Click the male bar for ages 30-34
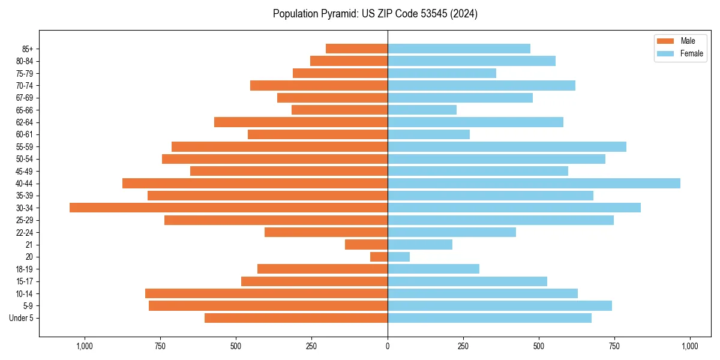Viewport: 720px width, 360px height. [x=228, y=208]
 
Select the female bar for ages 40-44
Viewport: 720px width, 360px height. [x=534, y=183]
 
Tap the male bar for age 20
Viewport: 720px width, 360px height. [x=379, y=257]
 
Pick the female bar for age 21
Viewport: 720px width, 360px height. [x=420, y=244]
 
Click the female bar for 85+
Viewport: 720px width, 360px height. [x=459, y=49]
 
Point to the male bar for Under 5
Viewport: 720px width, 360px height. [x=296, y=318]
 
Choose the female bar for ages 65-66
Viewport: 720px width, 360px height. [x=422, y=110]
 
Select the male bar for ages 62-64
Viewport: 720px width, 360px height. [x=301, y=122]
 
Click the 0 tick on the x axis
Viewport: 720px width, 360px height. [x=388, y=346]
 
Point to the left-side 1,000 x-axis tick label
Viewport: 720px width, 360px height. [x=85, y=346]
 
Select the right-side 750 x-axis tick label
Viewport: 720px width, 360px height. [x=614, y=346]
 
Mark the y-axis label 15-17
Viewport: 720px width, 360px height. [x=25, y=281]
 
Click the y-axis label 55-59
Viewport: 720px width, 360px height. [x=25, y=146]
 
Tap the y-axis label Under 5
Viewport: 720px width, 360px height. [x=22, y=318]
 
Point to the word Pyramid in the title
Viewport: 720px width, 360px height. [x=337, y=14]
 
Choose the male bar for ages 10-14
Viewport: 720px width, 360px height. [x=266, y=293]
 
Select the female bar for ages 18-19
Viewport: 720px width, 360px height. [x=433, y=269]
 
